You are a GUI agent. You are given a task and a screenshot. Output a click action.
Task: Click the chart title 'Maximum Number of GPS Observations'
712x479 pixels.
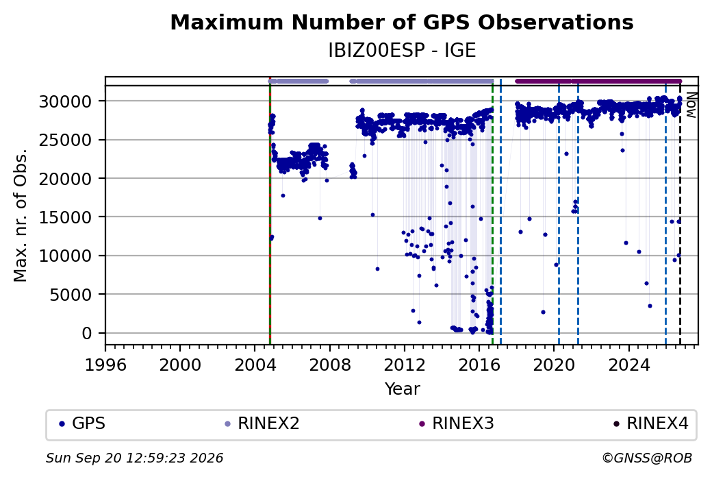tap(402, 22)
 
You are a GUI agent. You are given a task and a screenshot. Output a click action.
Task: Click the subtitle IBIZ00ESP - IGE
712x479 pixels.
tap(402, 51)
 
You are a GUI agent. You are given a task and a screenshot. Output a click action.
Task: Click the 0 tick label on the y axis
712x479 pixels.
tap(87, 333)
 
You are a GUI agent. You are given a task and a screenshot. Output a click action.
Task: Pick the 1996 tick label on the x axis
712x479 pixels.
tap(105, 365)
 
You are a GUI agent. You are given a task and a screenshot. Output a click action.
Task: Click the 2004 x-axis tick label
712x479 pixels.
tap(255, 365)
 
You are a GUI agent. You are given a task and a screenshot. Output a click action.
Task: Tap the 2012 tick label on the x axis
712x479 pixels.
tap(404, 365)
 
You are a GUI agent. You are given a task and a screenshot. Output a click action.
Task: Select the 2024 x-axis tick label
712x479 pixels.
tap(628, 365)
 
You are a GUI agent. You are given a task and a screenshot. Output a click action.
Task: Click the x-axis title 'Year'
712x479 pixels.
tap(403, 389)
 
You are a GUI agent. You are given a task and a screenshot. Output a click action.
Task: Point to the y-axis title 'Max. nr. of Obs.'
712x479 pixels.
tap(21, 215)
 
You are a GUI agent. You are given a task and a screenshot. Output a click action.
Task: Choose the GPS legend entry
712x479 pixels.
tap(82, 423)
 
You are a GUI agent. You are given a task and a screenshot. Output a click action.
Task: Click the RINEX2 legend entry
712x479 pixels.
tap(262, 423)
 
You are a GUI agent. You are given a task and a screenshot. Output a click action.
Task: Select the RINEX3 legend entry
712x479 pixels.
tap(457, 423)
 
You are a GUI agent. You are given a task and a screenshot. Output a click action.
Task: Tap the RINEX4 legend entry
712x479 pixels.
tap(650, 423)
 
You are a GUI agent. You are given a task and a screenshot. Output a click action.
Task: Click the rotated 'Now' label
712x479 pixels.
tap(691, 105)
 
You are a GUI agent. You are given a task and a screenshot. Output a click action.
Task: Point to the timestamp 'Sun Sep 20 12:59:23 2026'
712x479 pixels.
tap(134, 458)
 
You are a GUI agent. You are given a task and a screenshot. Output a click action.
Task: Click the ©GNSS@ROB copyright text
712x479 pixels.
tap(647, 458)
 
